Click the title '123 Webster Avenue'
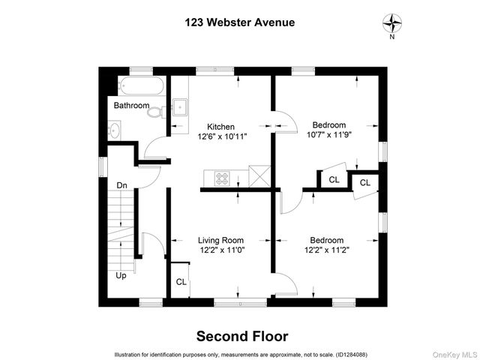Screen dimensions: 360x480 [239, 22]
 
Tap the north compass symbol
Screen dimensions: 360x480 [391, 22]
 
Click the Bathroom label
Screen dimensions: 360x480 [131, 106]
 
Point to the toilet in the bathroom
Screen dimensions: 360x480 [156, 112]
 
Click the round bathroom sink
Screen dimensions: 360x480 [114, 130]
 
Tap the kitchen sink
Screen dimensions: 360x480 [180, 106]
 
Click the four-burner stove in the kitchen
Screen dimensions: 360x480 [223, 178]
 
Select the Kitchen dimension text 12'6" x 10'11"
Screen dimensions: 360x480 [222, 137]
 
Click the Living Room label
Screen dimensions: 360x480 [220, 240]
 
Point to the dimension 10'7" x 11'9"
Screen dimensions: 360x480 [328, 135]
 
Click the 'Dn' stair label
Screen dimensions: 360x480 [121, 184]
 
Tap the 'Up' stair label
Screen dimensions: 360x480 [121, 275]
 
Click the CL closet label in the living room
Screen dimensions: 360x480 [181, 282]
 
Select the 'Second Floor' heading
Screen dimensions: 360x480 [241, 336]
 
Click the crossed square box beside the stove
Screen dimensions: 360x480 [259, 177]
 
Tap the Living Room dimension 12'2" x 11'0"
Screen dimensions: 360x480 [221, 250]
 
